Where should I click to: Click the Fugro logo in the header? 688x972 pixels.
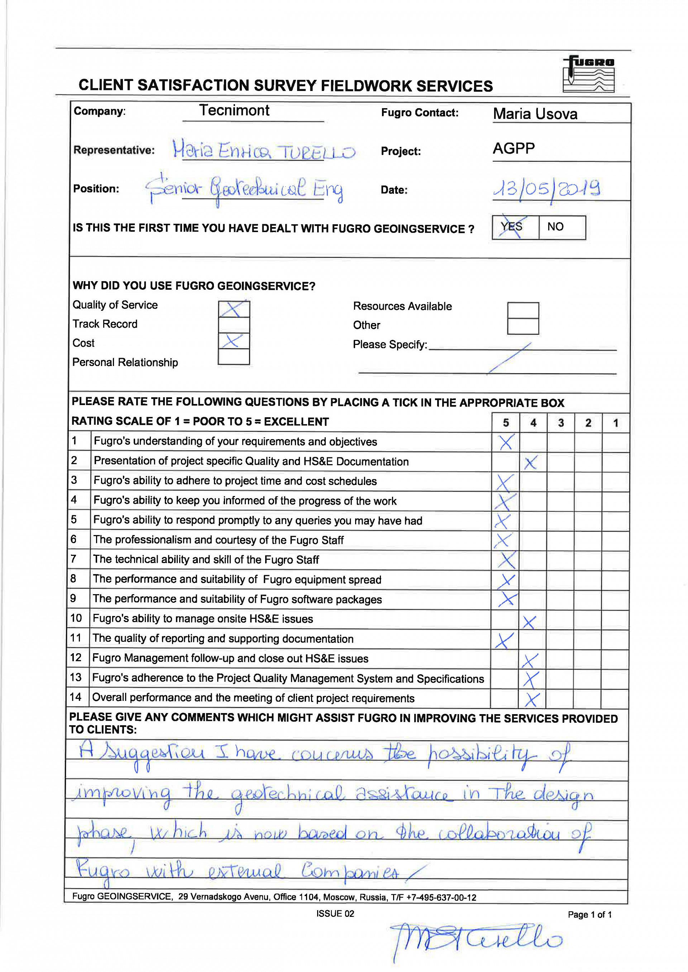pyautogui.click(x=588, y=74)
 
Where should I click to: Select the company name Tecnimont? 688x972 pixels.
pyautogui.click(x=234, y=111)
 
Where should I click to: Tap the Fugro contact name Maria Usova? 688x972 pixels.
pyautogui.click(x=535, y=114)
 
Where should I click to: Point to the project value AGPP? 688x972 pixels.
pyautogui.click(x=513, y=148)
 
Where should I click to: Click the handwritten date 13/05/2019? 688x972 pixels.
pyautogui.click(x=547, y=189)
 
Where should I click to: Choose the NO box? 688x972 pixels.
pyautogui.click(x=562, y=227)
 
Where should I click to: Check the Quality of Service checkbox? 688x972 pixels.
pyautogui.click(x=234, y=309)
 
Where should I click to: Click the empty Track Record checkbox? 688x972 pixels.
pyautogui.click(x=234, y=325)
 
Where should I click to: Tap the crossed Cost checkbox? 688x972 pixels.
pyautogui.click(x=234, y=341)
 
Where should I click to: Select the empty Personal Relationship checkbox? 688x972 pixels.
pyautogui.click(x=234, y=357)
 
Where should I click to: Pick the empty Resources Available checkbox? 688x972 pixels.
pyautogui.click(x=523, y=310)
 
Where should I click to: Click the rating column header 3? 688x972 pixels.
pyautogui.click(x=560, y=423)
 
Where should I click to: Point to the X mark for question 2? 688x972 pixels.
pyautogui.click(x=530, y=462)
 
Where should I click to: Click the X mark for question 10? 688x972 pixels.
pyautogui.click(x=530, y=622)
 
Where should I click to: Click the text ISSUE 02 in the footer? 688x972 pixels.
pyautogui.click(x=335, y=914)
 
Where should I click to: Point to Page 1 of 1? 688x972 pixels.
pyautogui.click(x=590, y=914)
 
